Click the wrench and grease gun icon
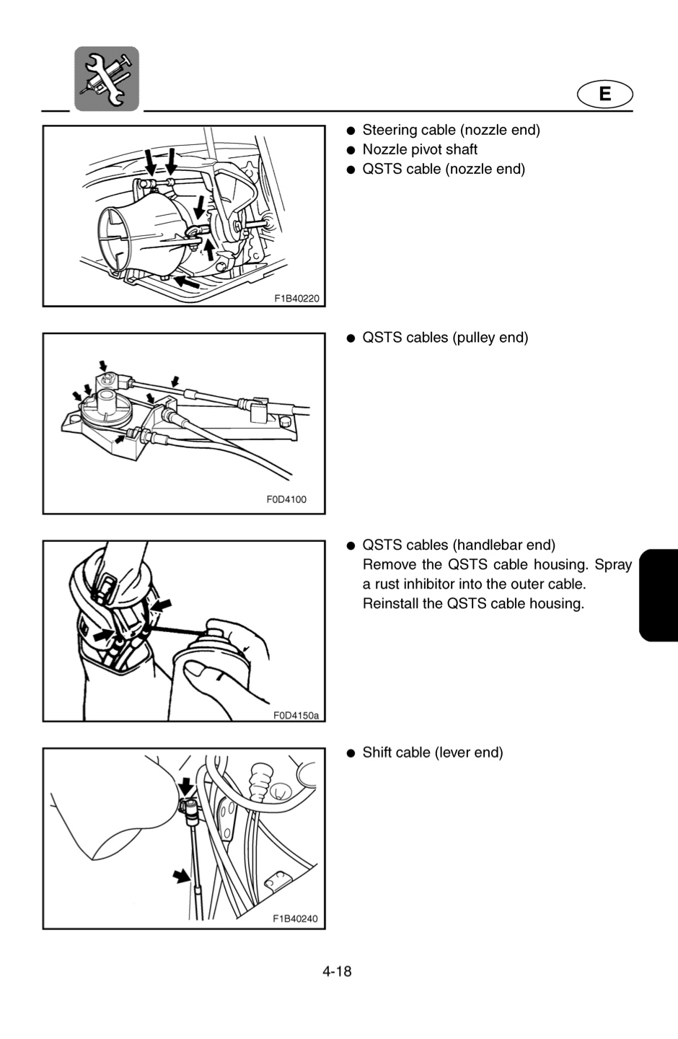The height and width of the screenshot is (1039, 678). coord(107,79)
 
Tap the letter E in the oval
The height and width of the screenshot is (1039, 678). coord(604,94)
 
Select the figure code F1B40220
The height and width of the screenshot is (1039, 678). coord(296,298)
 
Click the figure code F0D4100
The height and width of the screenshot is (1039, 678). coord(286,499)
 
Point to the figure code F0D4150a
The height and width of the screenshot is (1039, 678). coord(296,715)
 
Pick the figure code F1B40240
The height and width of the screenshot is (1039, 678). coord(296,919)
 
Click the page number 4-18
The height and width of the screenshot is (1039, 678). coord(337,971)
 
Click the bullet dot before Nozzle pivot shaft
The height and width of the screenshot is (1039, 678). coord(351,150)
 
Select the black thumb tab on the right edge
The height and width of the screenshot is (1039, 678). coord(659,595)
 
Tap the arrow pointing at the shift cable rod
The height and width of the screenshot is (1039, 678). coord(181,876)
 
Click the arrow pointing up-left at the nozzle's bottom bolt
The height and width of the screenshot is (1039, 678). coord(186,281)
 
